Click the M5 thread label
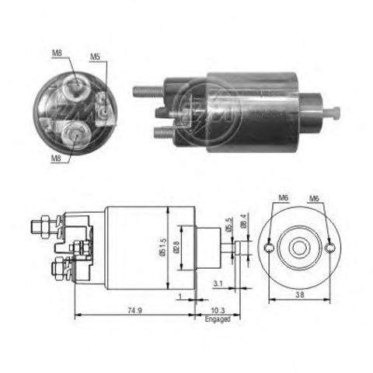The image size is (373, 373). click(x=95, y=57)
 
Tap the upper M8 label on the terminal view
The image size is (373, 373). click(x=57, y=54)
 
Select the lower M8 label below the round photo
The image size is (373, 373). click(x=56, y=158)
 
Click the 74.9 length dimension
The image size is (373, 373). click(x=134, y=310)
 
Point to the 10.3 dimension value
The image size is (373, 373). click(x=218, y=310)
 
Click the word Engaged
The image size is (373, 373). click(x=218, y=319)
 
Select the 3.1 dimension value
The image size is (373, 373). click(x=218, y=284)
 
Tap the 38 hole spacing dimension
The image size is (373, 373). click(x=300, y=295)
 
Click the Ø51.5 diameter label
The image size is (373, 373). click(x=162, y=247)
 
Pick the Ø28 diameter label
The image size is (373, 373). click(x=176, y=247)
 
